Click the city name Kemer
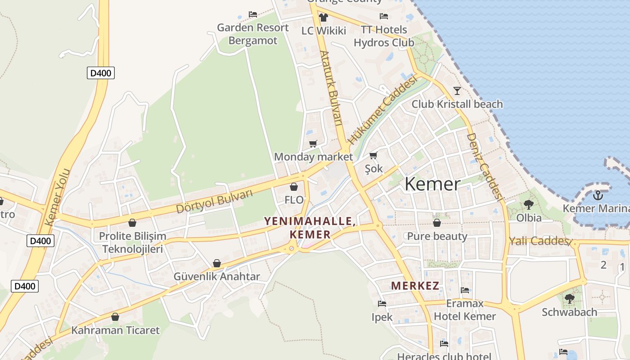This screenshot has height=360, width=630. (432, 184)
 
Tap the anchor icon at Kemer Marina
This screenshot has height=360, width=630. (598, 195)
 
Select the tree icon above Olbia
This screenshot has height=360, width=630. (529, 205)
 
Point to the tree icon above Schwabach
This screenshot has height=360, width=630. (570, 298)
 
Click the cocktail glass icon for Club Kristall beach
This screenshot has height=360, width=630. (457, 90)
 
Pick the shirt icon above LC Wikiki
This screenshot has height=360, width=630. (323, 18)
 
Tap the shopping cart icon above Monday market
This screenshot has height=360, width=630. (313, 144)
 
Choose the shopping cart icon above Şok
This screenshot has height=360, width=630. (373, 156)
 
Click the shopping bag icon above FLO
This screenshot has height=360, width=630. (294, 187)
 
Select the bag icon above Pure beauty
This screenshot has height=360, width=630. (436, 223)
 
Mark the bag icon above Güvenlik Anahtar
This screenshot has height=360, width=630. (217, 263)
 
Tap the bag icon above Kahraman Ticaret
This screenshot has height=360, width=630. (115, 317)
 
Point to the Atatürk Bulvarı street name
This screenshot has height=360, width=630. (331, 87)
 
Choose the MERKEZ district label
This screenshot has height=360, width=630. (415, 286)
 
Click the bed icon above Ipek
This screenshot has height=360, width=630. (382, 304)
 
